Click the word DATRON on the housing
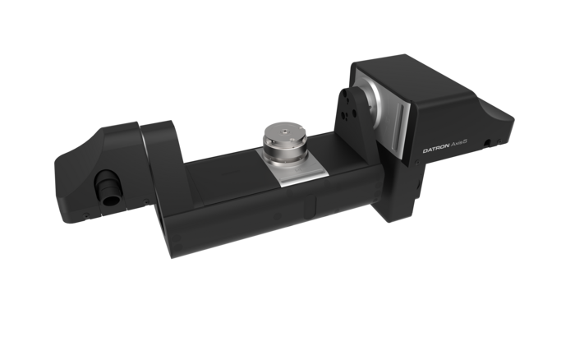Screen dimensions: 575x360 (436, 150)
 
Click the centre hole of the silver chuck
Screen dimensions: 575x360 (285, 131)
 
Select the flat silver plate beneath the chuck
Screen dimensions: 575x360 (294, 168)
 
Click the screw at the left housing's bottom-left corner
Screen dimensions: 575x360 (86, 216)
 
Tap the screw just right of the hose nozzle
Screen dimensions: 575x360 (146, 201)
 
